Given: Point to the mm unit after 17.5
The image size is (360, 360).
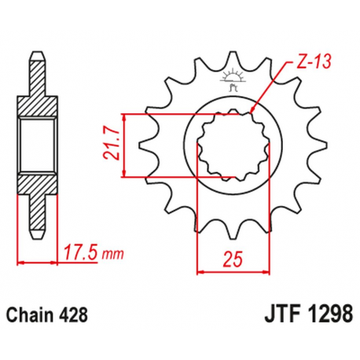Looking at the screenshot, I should click(114, 253).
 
